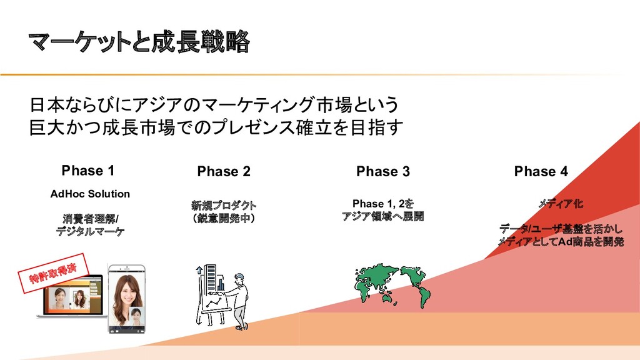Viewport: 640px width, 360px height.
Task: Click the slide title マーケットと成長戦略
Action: (139, 43)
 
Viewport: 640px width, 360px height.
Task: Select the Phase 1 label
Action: (88, 171)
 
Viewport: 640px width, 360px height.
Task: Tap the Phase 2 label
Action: (224, 172)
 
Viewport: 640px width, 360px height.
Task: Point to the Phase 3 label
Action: (383, 172)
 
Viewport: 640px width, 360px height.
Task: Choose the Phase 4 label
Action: (541, 172)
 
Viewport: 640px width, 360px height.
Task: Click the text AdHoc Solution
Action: (90, 194)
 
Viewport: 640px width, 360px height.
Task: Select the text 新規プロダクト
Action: (224, 205)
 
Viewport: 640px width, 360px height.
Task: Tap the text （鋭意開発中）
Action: (224, 218)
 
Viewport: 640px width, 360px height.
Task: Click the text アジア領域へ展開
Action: (382, 217)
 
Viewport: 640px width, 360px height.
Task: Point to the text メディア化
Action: (561, 204)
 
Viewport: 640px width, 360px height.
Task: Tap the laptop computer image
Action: (71, 302)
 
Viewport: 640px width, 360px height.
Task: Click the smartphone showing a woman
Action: (127, 297)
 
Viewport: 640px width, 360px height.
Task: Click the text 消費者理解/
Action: (90, 218)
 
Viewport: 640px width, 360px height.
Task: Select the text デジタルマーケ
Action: (90, 231)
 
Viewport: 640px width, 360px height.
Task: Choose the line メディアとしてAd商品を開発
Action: (561, 242)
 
